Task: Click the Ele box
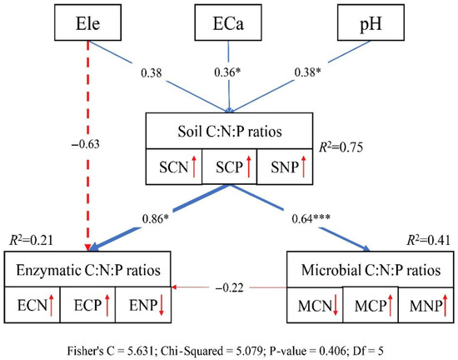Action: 87,22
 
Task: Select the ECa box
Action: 228,22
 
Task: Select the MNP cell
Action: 419,305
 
